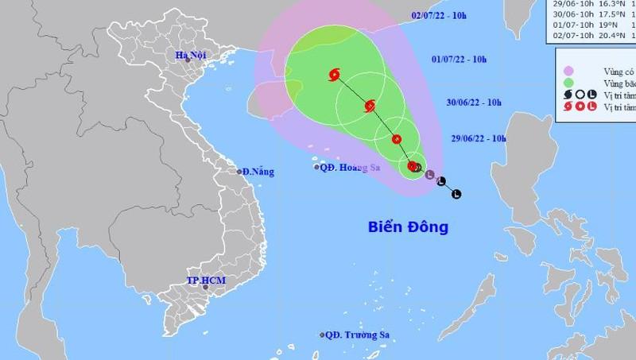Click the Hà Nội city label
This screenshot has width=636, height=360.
pos(194,55)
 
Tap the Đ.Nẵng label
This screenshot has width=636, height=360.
pos(258,172)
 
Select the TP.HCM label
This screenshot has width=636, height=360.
pos(203,281)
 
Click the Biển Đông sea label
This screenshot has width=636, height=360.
pos(408,227)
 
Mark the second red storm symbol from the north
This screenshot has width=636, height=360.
pos(370,106)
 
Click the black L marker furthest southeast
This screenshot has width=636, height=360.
pos(456,193)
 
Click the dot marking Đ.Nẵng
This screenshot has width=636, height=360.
pos(238,172)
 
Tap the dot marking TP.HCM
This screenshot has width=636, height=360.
pos(207,289)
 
